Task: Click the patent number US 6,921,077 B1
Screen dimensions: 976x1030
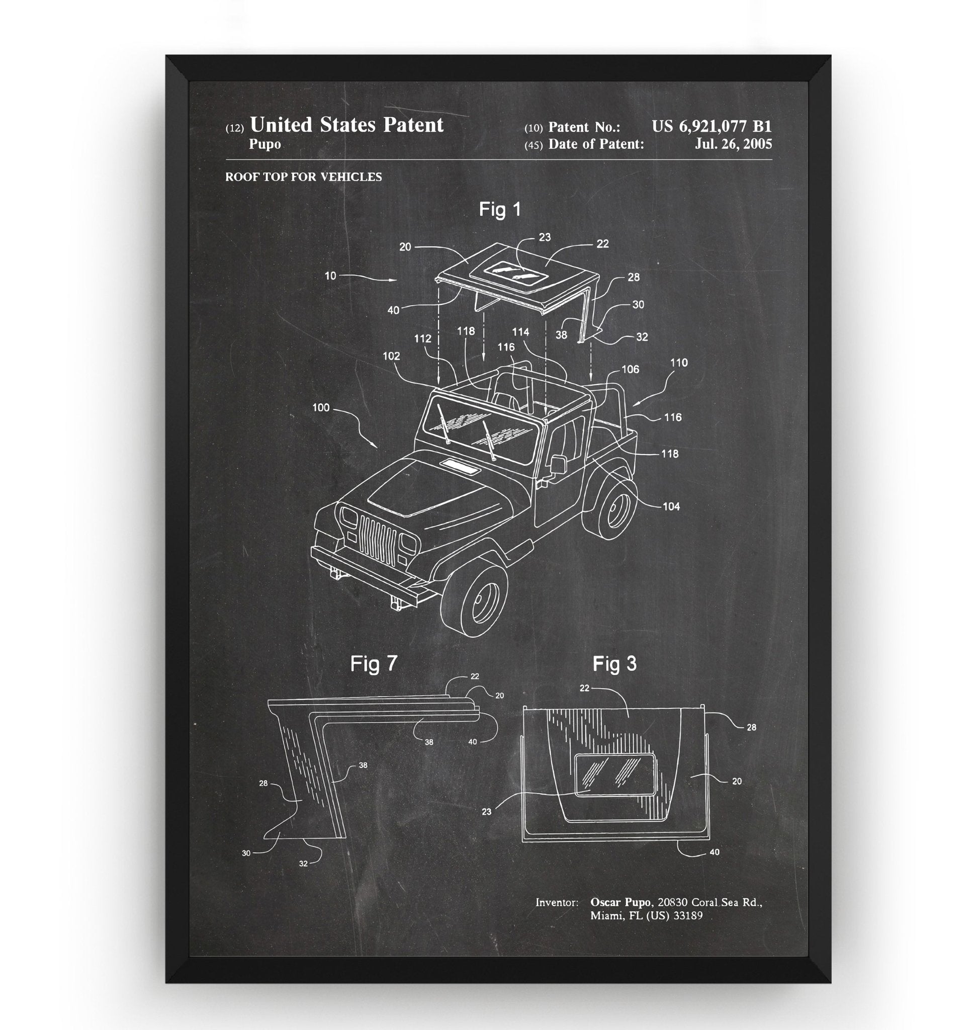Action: (712, 126)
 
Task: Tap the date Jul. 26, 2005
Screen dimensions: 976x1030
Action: (734, 144)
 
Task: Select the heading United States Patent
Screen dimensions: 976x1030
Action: (346, 125)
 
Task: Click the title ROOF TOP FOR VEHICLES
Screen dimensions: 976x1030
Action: (303, 177)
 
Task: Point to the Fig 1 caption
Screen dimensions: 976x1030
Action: (499, 209)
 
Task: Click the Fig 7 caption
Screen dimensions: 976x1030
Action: (374, 663)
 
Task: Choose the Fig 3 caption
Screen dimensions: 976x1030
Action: (614, 663)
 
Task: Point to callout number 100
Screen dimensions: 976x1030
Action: (321, 407)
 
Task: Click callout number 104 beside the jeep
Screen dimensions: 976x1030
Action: (671, 506)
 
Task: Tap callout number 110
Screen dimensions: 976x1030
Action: (679, 363)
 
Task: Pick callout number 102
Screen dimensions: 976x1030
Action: (391, 356)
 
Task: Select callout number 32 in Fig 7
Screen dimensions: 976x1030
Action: (303, 864)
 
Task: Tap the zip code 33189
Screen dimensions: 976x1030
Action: (688, 915)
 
